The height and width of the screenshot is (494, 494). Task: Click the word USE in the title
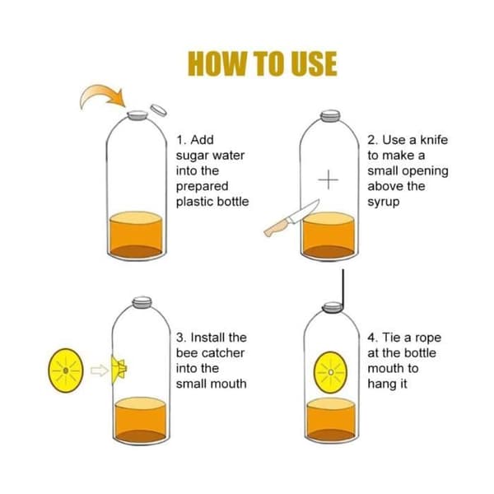[x=314, y=63]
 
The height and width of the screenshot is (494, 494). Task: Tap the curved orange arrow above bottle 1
[x=100, y=95]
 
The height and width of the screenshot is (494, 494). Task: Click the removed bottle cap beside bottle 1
[x=158, y=110]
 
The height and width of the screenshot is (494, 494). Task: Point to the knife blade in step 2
[x=304, y=211]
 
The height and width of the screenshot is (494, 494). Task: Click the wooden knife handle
[x=276, y=228]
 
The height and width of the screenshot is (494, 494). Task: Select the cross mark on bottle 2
[x=329, y=179]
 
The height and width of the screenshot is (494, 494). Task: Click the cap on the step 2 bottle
[x=330, y=115]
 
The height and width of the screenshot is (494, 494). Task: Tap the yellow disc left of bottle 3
[x=66, y=370]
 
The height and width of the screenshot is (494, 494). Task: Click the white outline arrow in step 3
[x=100, y=370]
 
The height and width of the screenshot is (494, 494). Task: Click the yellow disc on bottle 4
[x=330, y=372]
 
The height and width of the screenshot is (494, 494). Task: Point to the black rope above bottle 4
[x=343, y=289]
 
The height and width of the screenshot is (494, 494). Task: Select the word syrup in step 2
[x=384, y=203]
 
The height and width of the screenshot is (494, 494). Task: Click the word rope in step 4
[x=427, y=338]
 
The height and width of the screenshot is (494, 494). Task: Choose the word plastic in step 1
[x=194, y=202]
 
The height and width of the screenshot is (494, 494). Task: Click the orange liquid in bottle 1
[x=136, y=235]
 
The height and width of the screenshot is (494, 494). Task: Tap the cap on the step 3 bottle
[x=142, y=302]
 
